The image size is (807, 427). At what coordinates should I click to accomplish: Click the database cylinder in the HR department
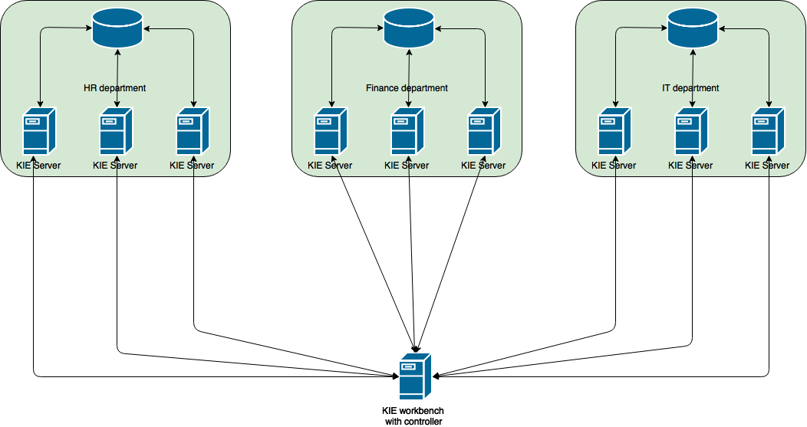(117, 28)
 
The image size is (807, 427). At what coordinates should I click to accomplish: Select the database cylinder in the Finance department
(409, 28)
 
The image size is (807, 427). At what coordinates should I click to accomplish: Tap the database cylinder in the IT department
(693, 28)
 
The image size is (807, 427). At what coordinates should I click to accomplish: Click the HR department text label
(114, 88)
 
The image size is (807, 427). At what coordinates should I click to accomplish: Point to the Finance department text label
(407, 88)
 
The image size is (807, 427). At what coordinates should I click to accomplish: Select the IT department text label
(690, 88)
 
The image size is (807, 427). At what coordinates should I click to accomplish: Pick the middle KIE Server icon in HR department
(116, 131)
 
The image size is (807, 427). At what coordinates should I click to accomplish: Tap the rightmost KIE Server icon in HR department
(193, 131)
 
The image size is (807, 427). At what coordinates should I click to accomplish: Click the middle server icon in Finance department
(407, 131)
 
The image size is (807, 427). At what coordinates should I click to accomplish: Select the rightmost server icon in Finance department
(484, 131)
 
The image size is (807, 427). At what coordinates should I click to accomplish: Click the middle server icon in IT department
(691, 131)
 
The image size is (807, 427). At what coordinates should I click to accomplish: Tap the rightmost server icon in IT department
(768, 131)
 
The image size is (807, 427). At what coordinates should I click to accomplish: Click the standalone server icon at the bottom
(415, 376)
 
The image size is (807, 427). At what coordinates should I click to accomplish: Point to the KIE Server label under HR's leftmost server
(38, 166)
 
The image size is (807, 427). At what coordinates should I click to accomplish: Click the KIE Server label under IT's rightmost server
(767, 166)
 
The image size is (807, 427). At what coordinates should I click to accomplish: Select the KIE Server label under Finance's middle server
(407, 166)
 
